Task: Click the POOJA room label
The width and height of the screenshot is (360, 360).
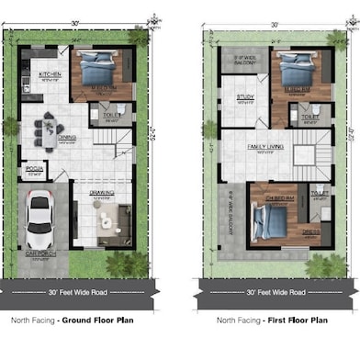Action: (34, 170)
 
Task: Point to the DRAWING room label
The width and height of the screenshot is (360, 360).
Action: (101, 194)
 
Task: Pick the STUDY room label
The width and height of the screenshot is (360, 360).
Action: (244, 96)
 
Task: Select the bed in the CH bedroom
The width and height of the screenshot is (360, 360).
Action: (268, 220)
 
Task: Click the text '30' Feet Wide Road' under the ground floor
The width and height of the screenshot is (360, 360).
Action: (80, 292)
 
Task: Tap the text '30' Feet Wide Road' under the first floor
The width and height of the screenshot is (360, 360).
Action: (276, 292)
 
